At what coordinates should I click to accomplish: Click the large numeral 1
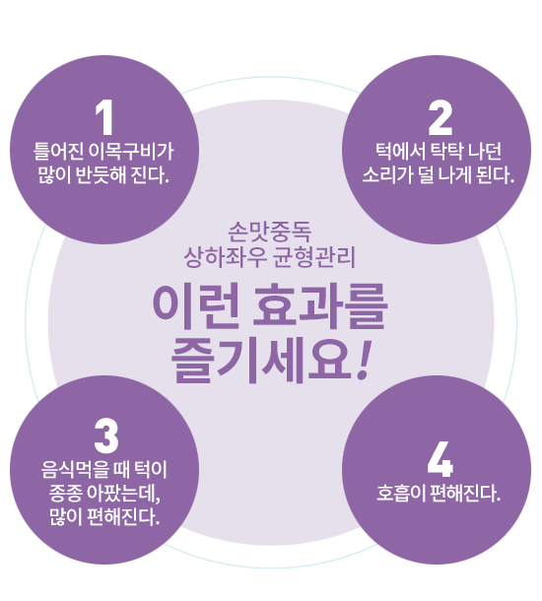104,117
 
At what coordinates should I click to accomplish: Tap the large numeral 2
440,117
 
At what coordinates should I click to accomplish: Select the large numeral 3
105,436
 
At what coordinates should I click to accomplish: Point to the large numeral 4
440,459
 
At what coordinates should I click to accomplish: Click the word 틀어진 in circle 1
59,152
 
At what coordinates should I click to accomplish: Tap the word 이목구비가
131,152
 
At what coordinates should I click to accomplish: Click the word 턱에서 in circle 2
400,152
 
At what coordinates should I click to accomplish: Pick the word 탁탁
446,152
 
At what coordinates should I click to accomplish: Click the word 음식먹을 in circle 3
75,470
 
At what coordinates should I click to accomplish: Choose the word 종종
66,494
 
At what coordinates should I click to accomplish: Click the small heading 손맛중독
270,233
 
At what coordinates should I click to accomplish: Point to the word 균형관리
314,257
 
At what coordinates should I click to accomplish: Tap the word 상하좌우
226,257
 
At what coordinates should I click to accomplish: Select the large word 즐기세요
260,361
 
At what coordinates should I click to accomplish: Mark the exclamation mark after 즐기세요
363,361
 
